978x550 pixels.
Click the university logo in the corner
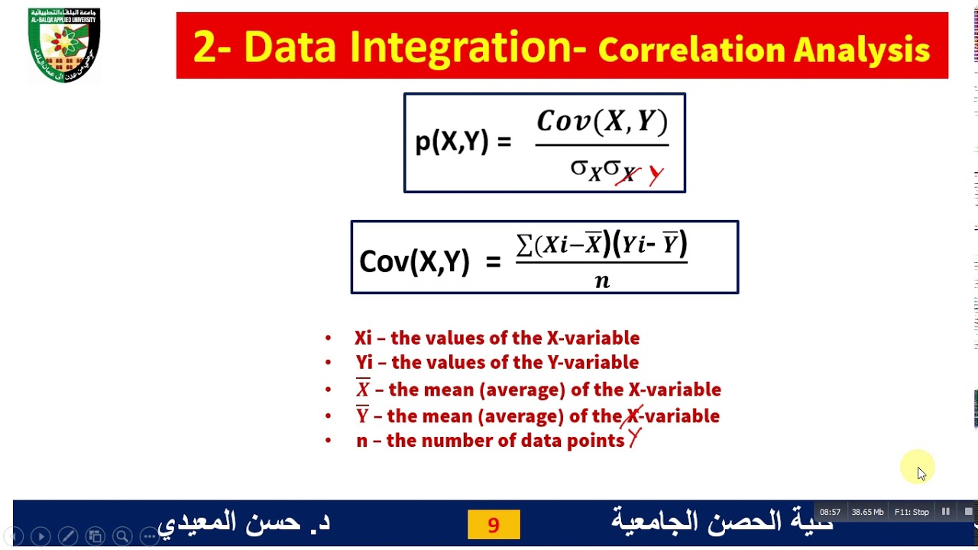coord(64,45)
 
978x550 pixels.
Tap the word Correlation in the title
coord(691,50)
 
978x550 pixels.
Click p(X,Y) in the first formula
coord(451,142)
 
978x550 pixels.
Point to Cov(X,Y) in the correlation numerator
coord(602,122)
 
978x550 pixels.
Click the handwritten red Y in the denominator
coord(656,176)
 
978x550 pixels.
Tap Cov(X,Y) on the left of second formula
coord(414,261)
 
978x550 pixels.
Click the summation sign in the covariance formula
coord(524,244)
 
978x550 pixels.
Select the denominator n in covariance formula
coord(602,281)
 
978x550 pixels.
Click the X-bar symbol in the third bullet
coord(363,389)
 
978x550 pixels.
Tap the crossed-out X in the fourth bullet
coord(633,416)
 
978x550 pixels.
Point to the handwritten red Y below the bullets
coord(634,439)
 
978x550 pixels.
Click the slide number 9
coord(494,525)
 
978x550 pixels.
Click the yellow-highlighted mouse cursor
coord(920,471)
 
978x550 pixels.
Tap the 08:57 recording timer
coord(830,512)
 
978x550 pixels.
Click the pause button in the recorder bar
coord(946,512)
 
